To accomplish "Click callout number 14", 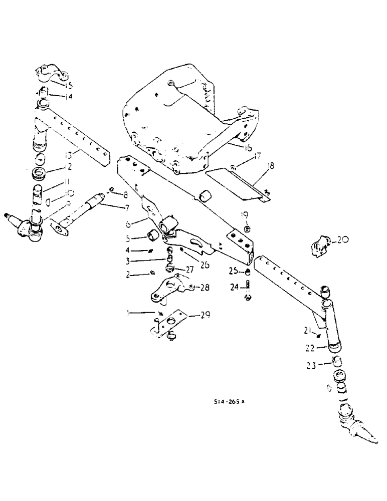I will (69, 97).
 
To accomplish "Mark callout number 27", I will (189, 269).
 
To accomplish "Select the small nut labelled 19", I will (248, 229).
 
